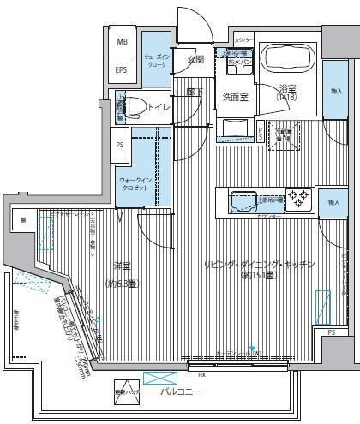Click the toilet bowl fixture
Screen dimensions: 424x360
point(134,107)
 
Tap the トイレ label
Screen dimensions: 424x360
point(158,107)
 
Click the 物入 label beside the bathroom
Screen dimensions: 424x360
point(335,90)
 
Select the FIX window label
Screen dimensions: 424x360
point(201,375)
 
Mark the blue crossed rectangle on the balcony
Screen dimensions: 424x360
point(157,378)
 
